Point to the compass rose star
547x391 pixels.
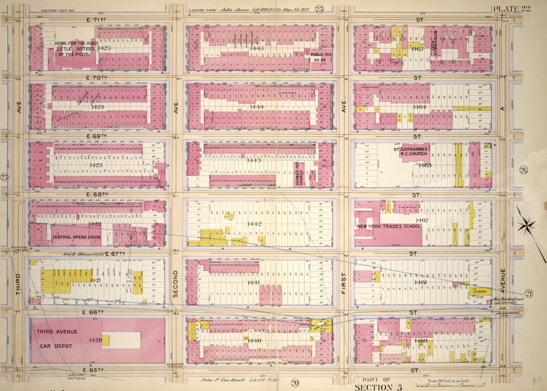527,224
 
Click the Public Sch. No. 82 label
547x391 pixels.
319,57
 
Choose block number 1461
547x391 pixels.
420,282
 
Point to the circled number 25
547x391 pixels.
319,8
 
